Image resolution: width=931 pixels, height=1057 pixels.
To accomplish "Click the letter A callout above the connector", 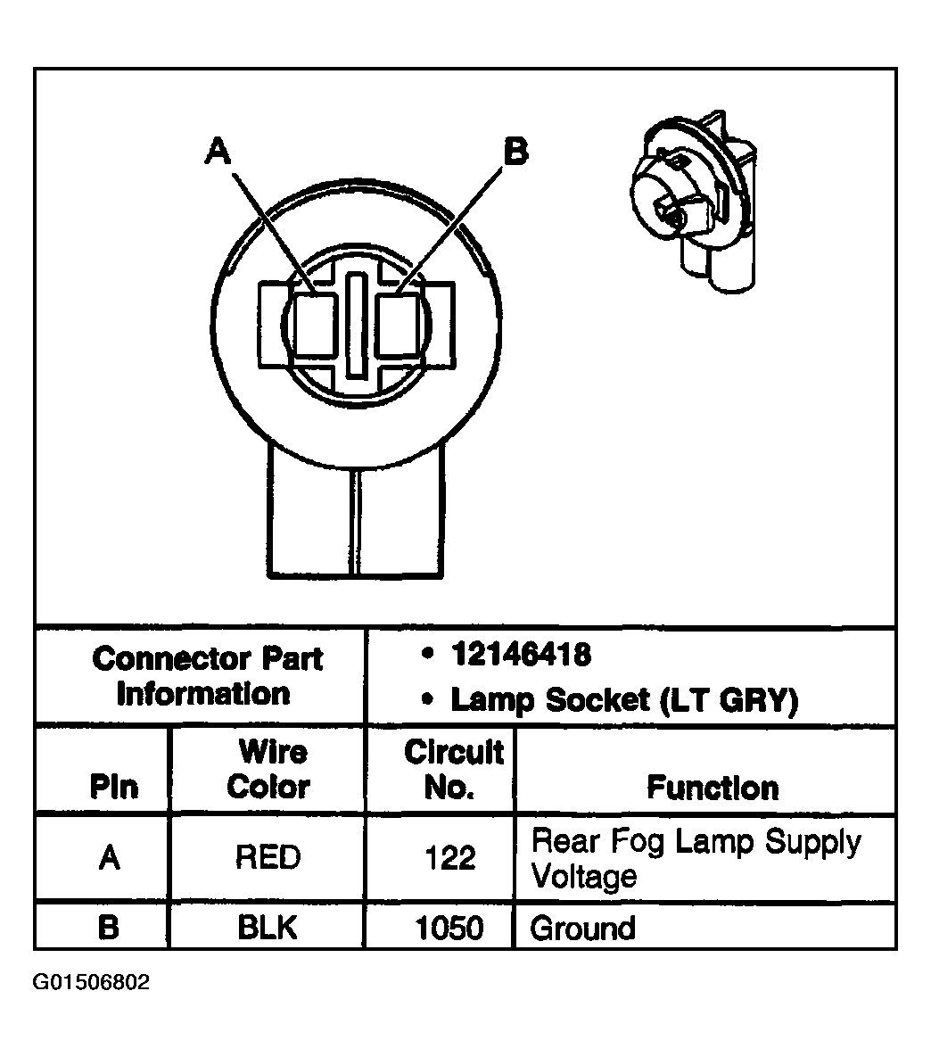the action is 218,151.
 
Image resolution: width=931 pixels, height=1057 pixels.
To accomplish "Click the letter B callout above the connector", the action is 515,151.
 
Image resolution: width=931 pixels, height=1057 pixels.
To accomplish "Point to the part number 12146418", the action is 521,656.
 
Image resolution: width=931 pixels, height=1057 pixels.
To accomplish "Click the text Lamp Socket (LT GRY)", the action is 623,700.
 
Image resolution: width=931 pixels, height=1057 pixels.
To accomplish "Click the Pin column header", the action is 114,788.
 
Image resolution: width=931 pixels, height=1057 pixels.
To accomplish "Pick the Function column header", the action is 713,788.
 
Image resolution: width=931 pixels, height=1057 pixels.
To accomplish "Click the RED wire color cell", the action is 268,857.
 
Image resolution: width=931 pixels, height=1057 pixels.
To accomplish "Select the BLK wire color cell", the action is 268,928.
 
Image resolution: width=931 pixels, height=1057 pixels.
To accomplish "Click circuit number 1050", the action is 449,929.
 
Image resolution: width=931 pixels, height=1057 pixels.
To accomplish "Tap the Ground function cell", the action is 582,929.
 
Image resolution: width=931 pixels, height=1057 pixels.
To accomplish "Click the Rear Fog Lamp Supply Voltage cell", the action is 696,858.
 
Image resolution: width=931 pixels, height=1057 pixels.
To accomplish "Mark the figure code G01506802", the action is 92,983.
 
